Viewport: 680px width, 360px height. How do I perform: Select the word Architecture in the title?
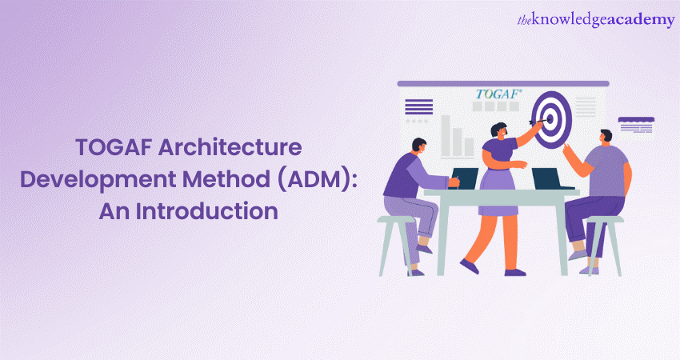[x=230, y=147]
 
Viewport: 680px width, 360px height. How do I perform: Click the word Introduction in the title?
[x=207, y=211]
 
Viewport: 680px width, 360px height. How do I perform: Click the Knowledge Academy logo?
[x=596, y=20]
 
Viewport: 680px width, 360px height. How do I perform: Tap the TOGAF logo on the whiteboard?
[x=498, y=94]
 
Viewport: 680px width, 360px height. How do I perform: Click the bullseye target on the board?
[x=552, y=120]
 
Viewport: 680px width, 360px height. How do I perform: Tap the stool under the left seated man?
[x=395, y=245]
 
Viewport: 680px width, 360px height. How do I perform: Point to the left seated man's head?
[x=418, y=146]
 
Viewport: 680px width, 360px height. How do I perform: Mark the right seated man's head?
[x=606, y=138]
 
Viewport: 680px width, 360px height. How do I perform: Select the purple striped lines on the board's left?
[x=418, y=106]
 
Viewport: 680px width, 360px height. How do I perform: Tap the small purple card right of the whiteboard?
[x=636, y=125]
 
